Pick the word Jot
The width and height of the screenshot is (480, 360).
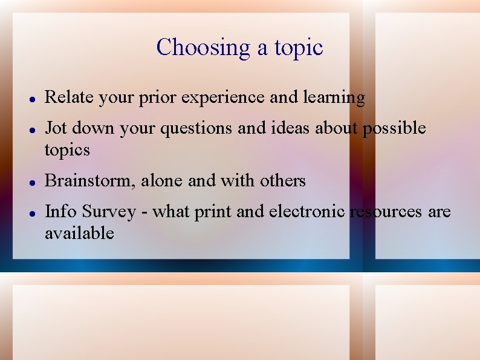56,128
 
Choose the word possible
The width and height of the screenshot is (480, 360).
394,129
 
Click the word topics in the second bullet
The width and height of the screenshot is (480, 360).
67,150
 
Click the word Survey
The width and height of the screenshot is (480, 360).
109,212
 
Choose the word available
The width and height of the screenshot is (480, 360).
79,232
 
